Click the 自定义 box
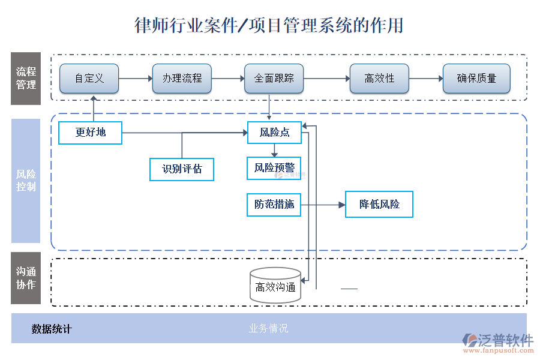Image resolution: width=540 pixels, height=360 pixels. [x=89, y=79]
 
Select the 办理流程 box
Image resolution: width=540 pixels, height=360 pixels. [x=182, y=79]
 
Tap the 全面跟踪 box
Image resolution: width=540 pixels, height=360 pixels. [x=274, y=79]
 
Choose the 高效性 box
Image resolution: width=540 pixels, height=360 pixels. [x=379, y=79]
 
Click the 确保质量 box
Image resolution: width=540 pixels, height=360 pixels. [x=476, y=79]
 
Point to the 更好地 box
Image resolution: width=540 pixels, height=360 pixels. [x=90, y=133]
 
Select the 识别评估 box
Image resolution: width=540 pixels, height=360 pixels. [x=182, y=169]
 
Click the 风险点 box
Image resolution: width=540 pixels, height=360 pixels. [x=274, y=133]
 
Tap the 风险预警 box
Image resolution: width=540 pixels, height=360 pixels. [x=274, y=168]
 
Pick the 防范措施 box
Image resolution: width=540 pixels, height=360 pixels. [x=274, y=205]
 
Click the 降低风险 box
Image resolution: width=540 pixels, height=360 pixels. [x=379, y=205]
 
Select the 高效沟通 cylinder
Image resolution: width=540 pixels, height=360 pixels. [x=275, y=286]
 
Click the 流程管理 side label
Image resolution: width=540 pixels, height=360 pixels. [x=26, y=79]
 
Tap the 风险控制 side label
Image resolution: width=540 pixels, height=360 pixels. [x=26, y=181]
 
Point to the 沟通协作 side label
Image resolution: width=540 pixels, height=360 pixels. [x=26, y=278]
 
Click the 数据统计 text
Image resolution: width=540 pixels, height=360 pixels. [x=52, y=329]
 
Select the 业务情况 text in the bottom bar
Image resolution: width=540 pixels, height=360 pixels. [x=268, y=329]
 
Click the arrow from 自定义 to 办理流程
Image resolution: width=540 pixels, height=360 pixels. [x=136, y=79]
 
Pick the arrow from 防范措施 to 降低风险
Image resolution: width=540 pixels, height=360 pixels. [x=323, y=205]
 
